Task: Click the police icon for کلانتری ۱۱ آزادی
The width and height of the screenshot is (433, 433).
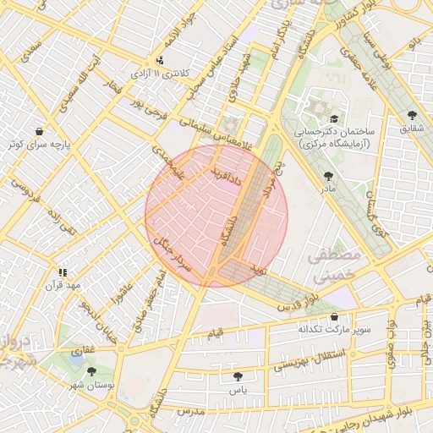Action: click(x=160, y=60)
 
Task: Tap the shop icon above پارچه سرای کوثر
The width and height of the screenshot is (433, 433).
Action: click(x=40, y=131)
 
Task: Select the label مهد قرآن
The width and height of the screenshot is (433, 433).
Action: click(x=63, y=285)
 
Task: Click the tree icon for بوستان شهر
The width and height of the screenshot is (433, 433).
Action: click(x=91, y=371)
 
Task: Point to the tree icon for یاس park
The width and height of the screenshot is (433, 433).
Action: click(x=238, y=376)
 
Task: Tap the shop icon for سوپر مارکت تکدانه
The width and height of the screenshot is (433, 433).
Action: click(x=322, y=315)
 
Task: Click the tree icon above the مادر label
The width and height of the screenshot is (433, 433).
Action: click(x=328, y=176)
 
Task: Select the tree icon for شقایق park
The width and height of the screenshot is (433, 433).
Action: click(x=412, y=114)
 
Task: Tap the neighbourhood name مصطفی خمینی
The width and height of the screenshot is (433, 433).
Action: click(x=336, y=265)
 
